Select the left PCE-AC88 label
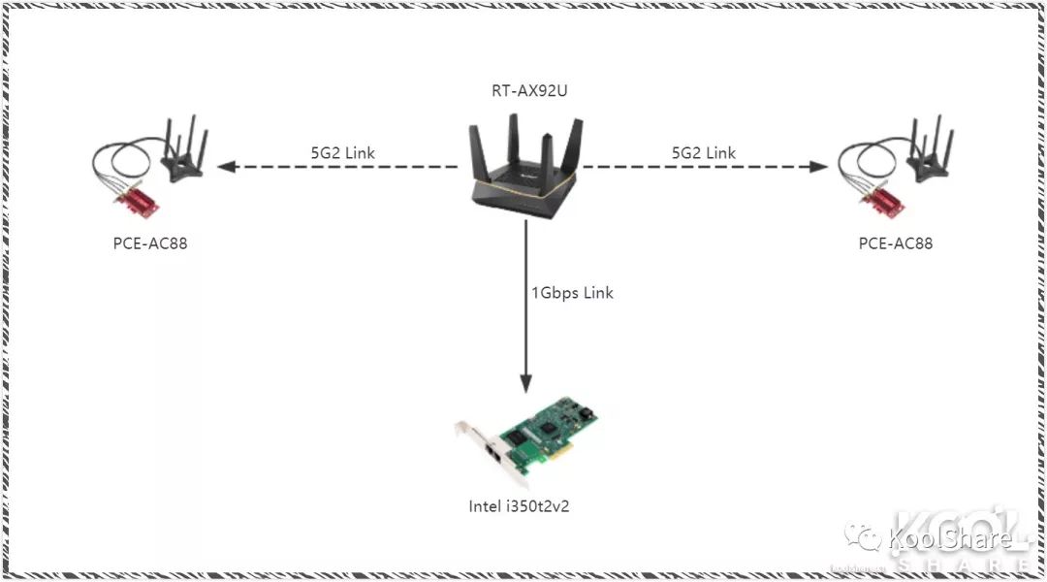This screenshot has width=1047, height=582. [150, 243]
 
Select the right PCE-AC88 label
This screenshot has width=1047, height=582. [896, 243]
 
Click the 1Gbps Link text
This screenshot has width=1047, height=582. [572, 292]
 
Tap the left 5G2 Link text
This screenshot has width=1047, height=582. [342, 152]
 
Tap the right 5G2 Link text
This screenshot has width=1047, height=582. [704, 152]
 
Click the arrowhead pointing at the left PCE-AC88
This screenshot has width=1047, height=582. [226, 167]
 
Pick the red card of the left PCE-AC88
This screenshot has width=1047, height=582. [135, 203]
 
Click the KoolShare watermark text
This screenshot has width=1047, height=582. [950, 539]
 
